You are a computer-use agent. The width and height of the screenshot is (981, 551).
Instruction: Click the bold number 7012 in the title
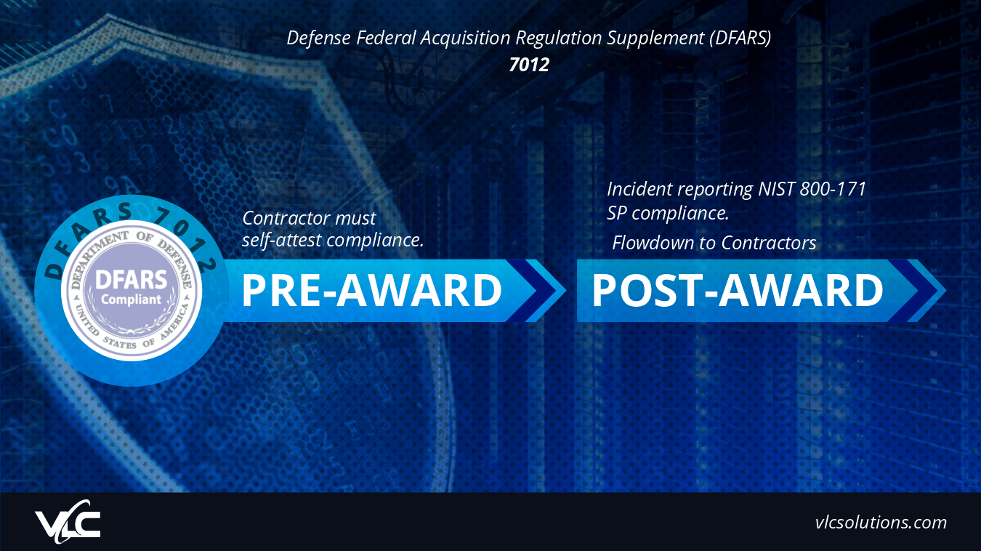[529, 64]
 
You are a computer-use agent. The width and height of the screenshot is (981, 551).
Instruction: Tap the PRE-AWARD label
[371, 291]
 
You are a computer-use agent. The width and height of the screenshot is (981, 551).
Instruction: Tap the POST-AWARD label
[737, 291]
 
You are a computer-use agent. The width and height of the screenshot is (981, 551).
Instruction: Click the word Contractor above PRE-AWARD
[285, 218]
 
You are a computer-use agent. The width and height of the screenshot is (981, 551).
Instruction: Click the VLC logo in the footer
[68, 521]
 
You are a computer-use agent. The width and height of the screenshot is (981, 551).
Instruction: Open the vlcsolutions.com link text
[881, 522]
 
